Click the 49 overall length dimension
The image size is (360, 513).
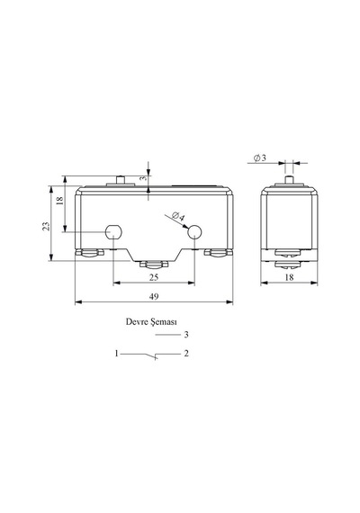pos(154,296)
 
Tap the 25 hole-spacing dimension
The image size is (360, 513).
pos(154,277)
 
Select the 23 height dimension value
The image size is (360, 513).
pos(47,226)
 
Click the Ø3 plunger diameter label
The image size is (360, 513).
pos(260,158)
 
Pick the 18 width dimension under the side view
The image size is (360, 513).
pos(289,277)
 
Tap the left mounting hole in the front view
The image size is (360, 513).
pos(113,232)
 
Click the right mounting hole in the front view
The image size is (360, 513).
pos(194,232)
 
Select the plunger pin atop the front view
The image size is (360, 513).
pos(121,180)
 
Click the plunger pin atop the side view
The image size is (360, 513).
pos(289,180)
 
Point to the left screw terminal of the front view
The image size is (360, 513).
pos(89,253)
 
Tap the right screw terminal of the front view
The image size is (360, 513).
pos(219,253)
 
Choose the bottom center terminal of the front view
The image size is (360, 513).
pos(154,264)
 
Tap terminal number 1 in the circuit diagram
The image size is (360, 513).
pos(116,354)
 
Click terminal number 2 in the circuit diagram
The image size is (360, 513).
pos(186,354)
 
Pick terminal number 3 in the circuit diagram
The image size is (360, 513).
pos(186,335)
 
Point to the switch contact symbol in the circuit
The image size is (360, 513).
pos(151,355)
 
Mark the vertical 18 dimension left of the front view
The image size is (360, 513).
pos(59,200)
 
